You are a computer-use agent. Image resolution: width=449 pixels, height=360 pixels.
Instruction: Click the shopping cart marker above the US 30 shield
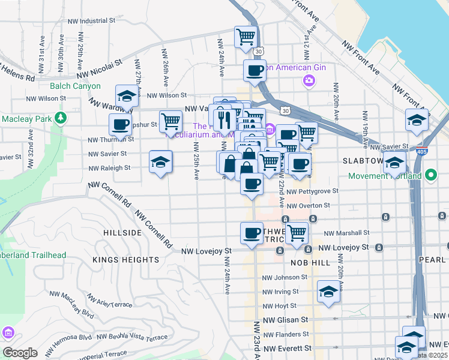tap(246, 37)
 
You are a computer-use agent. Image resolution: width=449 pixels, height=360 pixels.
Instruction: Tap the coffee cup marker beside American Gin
tap(255, 71)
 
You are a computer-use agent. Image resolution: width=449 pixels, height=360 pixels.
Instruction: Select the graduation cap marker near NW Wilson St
tap(127, 97)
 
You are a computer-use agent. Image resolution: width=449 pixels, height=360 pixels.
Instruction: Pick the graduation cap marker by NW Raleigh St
tap(160, 161)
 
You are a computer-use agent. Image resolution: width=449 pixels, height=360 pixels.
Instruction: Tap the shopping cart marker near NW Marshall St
tap(297, 233)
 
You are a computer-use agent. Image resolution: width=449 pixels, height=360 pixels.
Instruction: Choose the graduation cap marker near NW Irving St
tap(328, 292)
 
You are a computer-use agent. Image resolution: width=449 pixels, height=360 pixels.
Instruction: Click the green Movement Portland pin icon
tap(430, 176)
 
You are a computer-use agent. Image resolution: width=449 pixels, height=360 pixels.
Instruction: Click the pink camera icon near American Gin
tap(309, 80)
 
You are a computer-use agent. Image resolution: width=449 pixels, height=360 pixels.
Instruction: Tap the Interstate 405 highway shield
tap(423, 148)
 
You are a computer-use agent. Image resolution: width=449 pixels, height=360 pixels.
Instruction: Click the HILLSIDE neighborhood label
tap(122, 232)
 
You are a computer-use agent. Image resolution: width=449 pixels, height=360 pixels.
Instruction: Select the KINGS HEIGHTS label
tap(126, 260)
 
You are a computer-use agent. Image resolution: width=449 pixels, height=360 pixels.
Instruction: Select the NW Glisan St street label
tap(286, 320)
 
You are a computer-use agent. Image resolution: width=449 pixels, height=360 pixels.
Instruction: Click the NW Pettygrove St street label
tap(312, 191)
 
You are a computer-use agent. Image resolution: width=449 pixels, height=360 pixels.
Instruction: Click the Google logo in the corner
tap(20, 352)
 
